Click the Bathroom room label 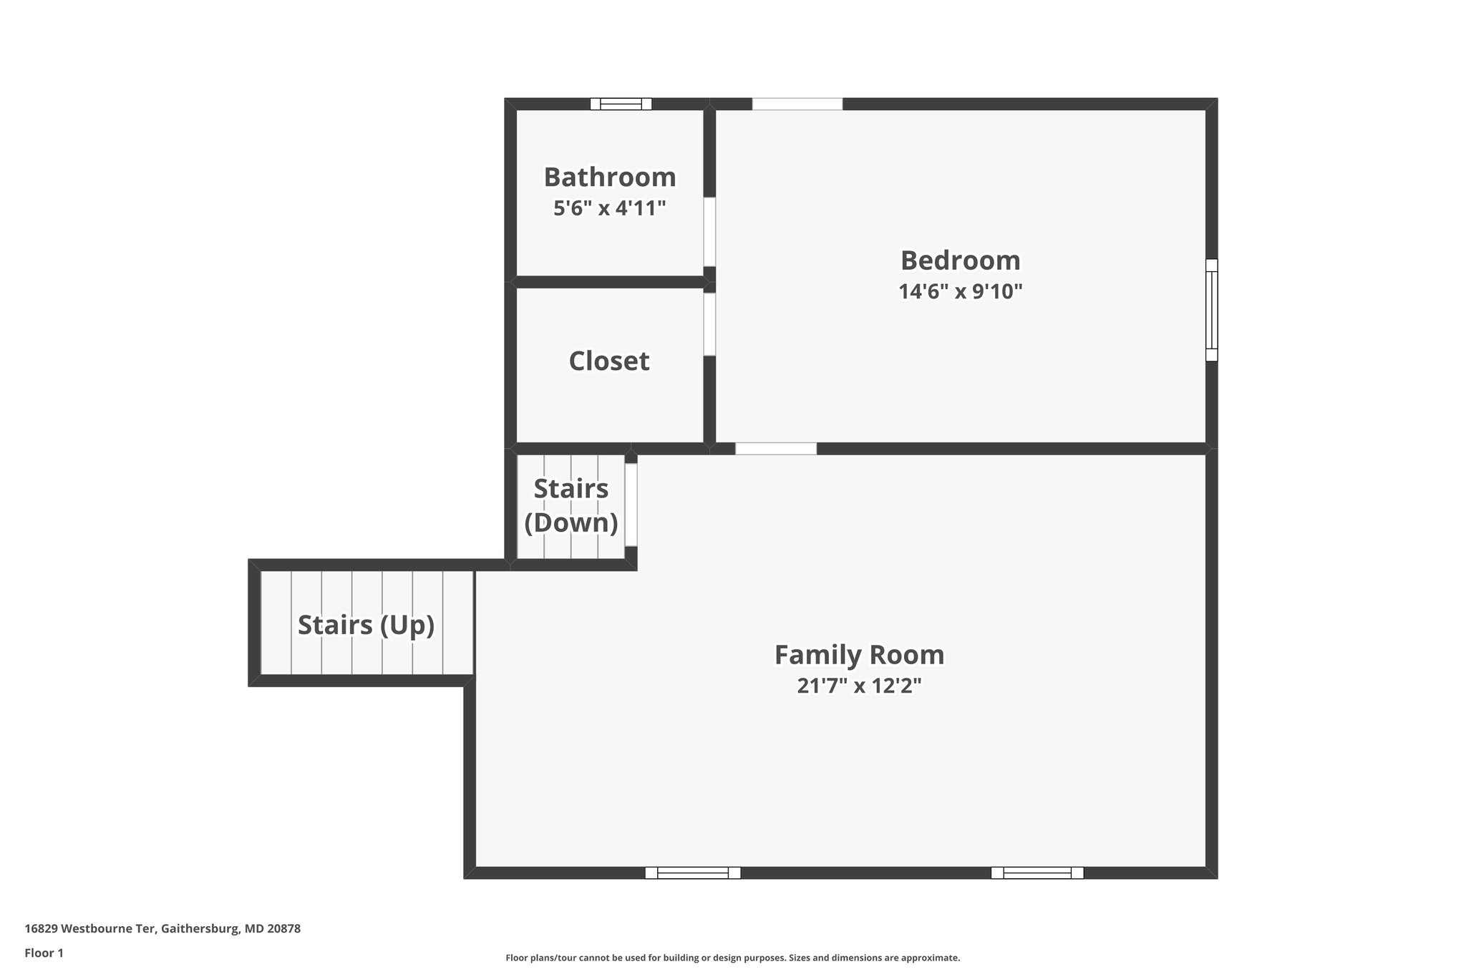point(609,177)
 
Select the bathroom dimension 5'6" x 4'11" point(609,208)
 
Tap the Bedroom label point(960,260)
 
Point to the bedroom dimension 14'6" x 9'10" point(960,291)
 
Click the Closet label point(609,361)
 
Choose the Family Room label point(859,654)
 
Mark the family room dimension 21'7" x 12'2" point(859,686)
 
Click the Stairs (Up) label point(366,625)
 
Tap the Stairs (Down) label point(571,505)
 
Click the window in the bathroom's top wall point(621,104)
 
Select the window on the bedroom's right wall point(1211,310)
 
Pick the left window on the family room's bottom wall point(692,873)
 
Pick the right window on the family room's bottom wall point(1037,873)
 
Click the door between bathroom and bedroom point(709,232)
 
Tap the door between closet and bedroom point(709,324)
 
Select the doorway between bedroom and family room point(776,449)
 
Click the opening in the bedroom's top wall point(797,104)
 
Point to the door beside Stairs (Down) point(631,505)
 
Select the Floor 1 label point(44,953)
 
